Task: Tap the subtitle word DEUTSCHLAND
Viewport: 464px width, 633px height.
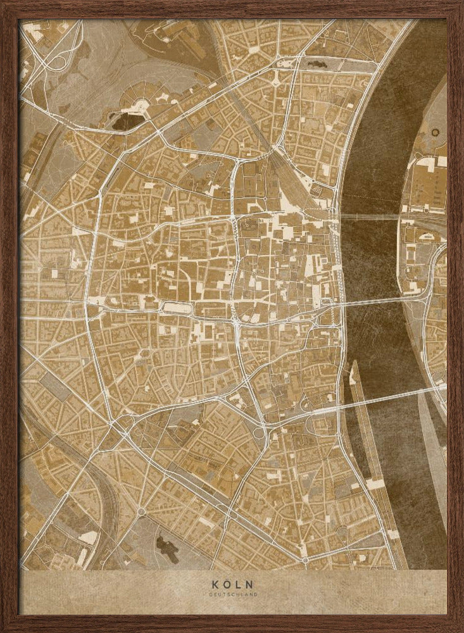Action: pyautogui.click(x=232, y=594)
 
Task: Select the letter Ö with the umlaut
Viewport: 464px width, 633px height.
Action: pyautogui.click(x=227, y=584)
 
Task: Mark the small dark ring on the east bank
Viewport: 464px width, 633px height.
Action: pyautogui.click(x=435, y=132)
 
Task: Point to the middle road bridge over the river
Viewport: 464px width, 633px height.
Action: pyautogui.click(x=373, y=300)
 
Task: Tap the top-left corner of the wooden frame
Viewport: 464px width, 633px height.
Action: pyautogui.click(x=5, y=5)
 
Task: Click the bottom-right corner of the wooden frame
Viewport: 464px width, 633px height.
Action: pyautogui.click(x=459, y=628)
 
